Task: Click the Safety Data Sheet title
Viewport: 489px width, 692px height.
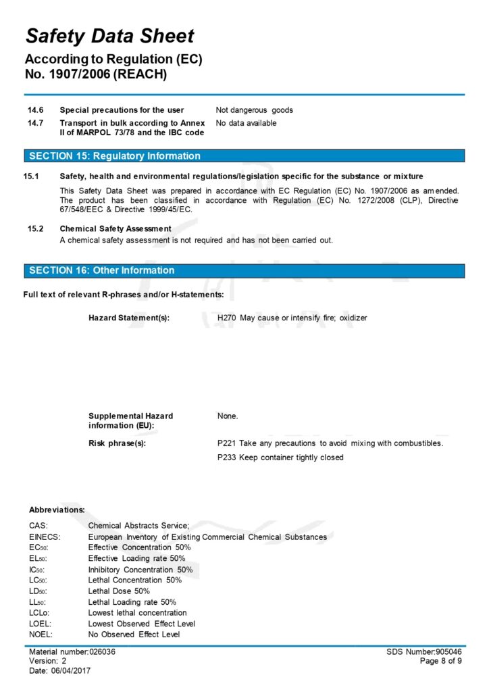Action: (x=109, y=36)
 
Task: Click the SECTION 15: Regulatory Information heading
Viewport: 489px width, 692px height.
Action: (x=115, y=156)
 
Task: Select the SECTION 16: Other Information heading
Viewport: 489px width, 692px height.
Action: (x=101, y=270)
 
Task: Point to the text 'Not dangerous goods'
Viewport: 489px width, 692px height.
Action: (x=254, y=110)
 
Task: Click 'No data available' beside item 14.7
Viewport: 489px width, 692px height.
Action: (x=246, y=123)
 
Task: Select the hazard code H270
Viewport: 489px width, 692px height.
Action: (x=227, y=318)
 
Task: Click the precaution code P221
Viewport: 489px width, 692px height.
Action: (x=227, y=443)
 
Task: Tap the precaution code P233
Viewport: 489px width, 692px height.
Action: (x=227, y=458)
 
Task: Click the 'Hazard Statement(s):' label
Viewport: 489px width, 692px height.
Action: (x=129, y=318)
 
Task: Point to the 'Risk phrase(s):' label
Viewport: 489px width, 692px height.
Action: (x=118, y=443)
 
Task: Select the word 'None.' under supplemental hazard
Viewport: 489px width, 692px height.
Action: (x=228, y=416)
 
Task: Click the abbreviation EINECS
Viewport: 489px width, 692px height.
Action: (x=45, y=537)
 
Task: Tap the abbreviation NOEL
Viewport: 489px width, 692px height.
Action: (x=41, y=635)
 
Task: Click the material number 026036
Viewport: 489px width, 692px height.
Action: (x=102, y=651)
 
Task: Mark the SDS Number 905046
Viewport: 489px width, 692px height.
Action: (x=449, y=651)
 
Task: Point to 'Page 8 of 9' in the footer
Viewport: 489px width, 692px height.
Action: (x=441, y=661)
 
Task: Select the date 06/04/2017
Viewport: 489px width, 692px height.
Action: (x=71, y=670)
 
